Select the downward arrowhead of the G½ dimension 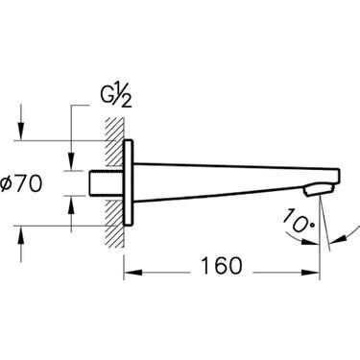pyautogui.click(x=71, y=162)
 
